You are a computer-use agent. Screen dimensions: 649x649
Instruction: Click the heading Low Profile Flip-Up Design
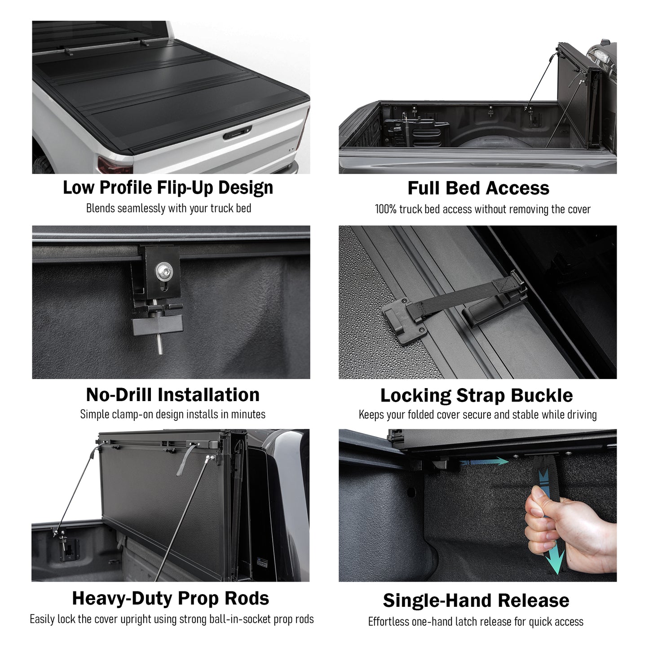[x=168, y=187]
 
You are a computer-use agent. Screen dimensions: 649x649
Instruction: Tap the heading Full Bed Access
[x=478, y=188]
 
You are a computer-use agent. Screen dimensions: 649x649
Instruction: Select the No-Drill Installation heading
[x=172, y=395]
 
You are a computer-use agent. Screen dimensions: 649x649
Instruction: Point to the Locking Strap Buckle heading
[x=476, y=396]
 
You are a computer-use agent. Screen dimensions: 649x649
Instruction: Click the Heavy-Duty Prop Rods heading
[x=170, y=598]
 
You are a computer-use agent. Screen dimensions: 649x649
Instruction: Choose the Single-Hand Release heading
[x=476, y=600]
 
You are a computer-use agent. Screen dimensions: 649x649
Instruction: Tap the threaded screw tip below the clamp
[x=161, y=348]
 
